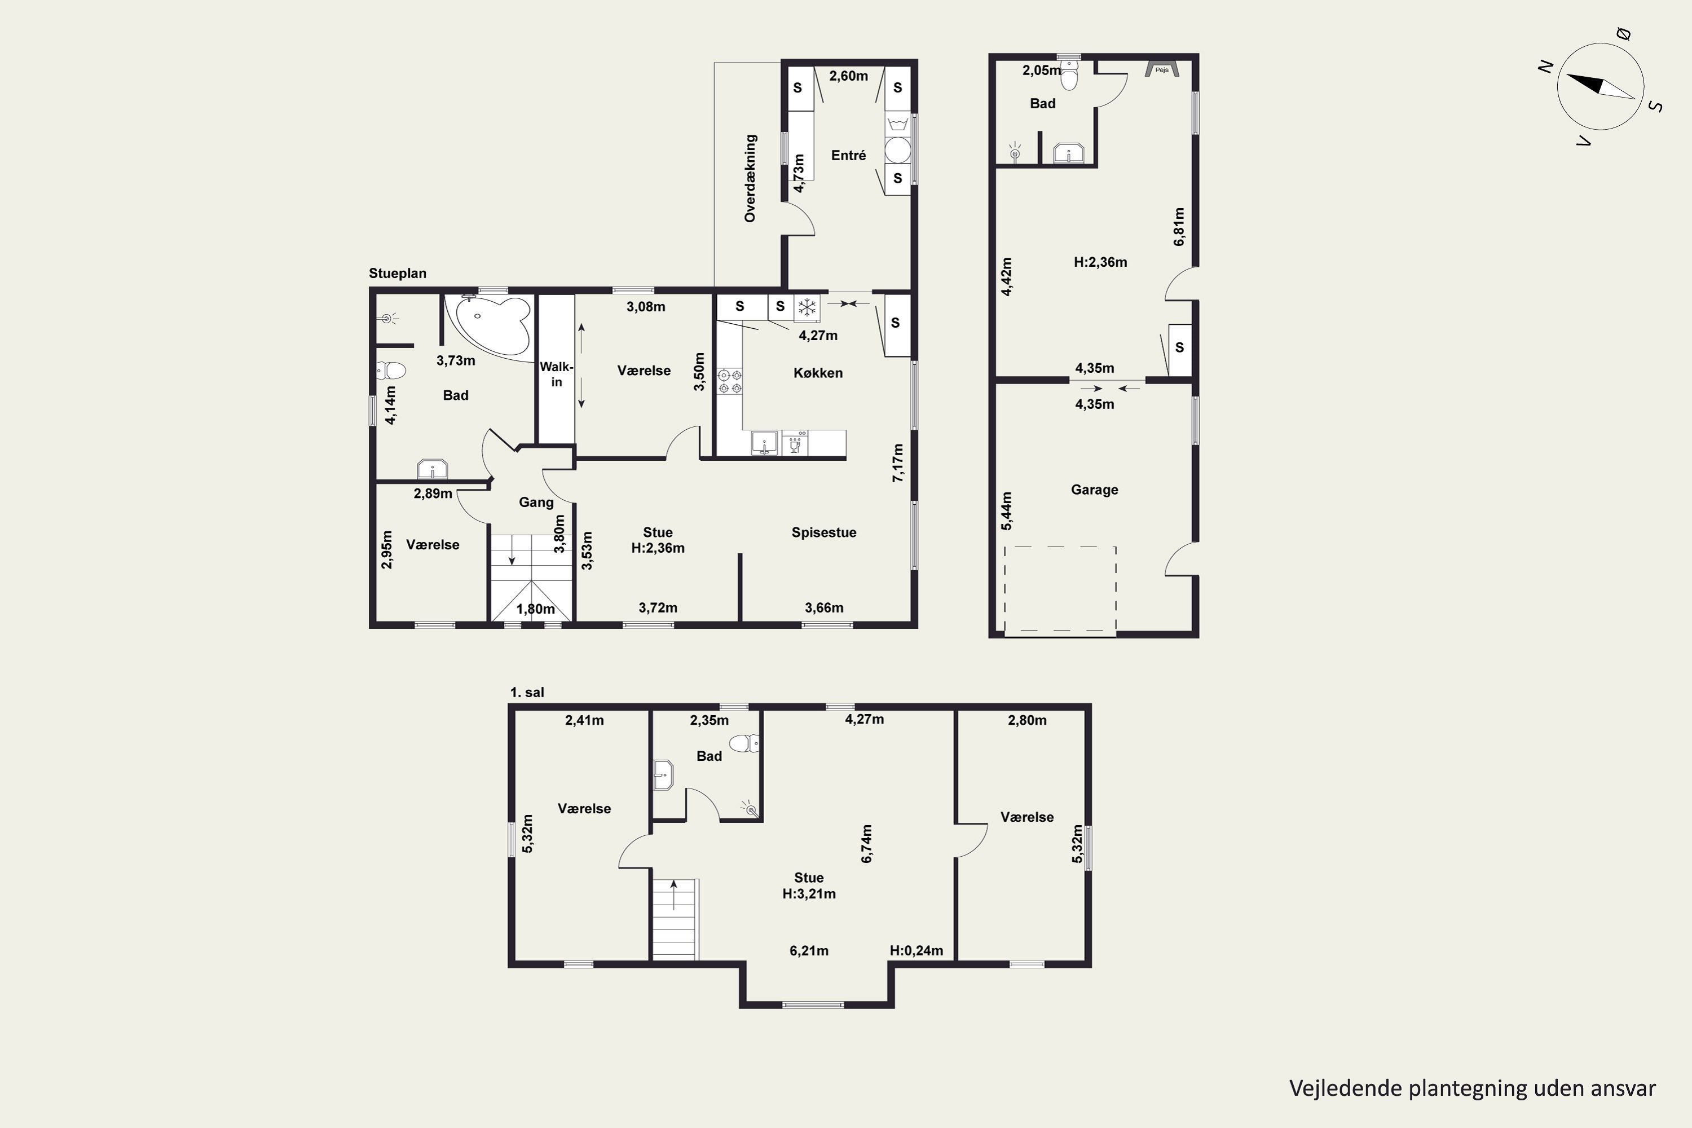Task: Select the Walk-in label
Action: (556, 374)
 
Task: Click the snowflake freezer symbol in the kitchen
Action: (807, 307)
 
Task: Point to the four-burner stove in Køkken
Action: (730, 381)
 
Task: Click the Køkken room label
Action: (818, 373)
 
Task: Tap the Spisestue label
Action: (823, 532)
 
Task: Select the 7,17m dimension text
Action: (898, 462)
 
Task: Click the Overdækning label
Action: (750, 178)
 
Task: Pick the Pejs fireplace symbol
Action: (1162, 69)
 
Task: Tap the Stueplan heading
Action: (397, 274)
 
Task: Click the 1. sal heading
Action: (527, 692)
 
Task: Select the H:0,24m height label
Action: (916, 950)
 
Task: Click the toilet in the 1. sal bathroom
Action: (745, 742)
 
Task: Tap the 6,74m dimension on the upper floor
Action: (866, 843)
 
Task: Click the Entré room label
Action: (848, 156)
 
